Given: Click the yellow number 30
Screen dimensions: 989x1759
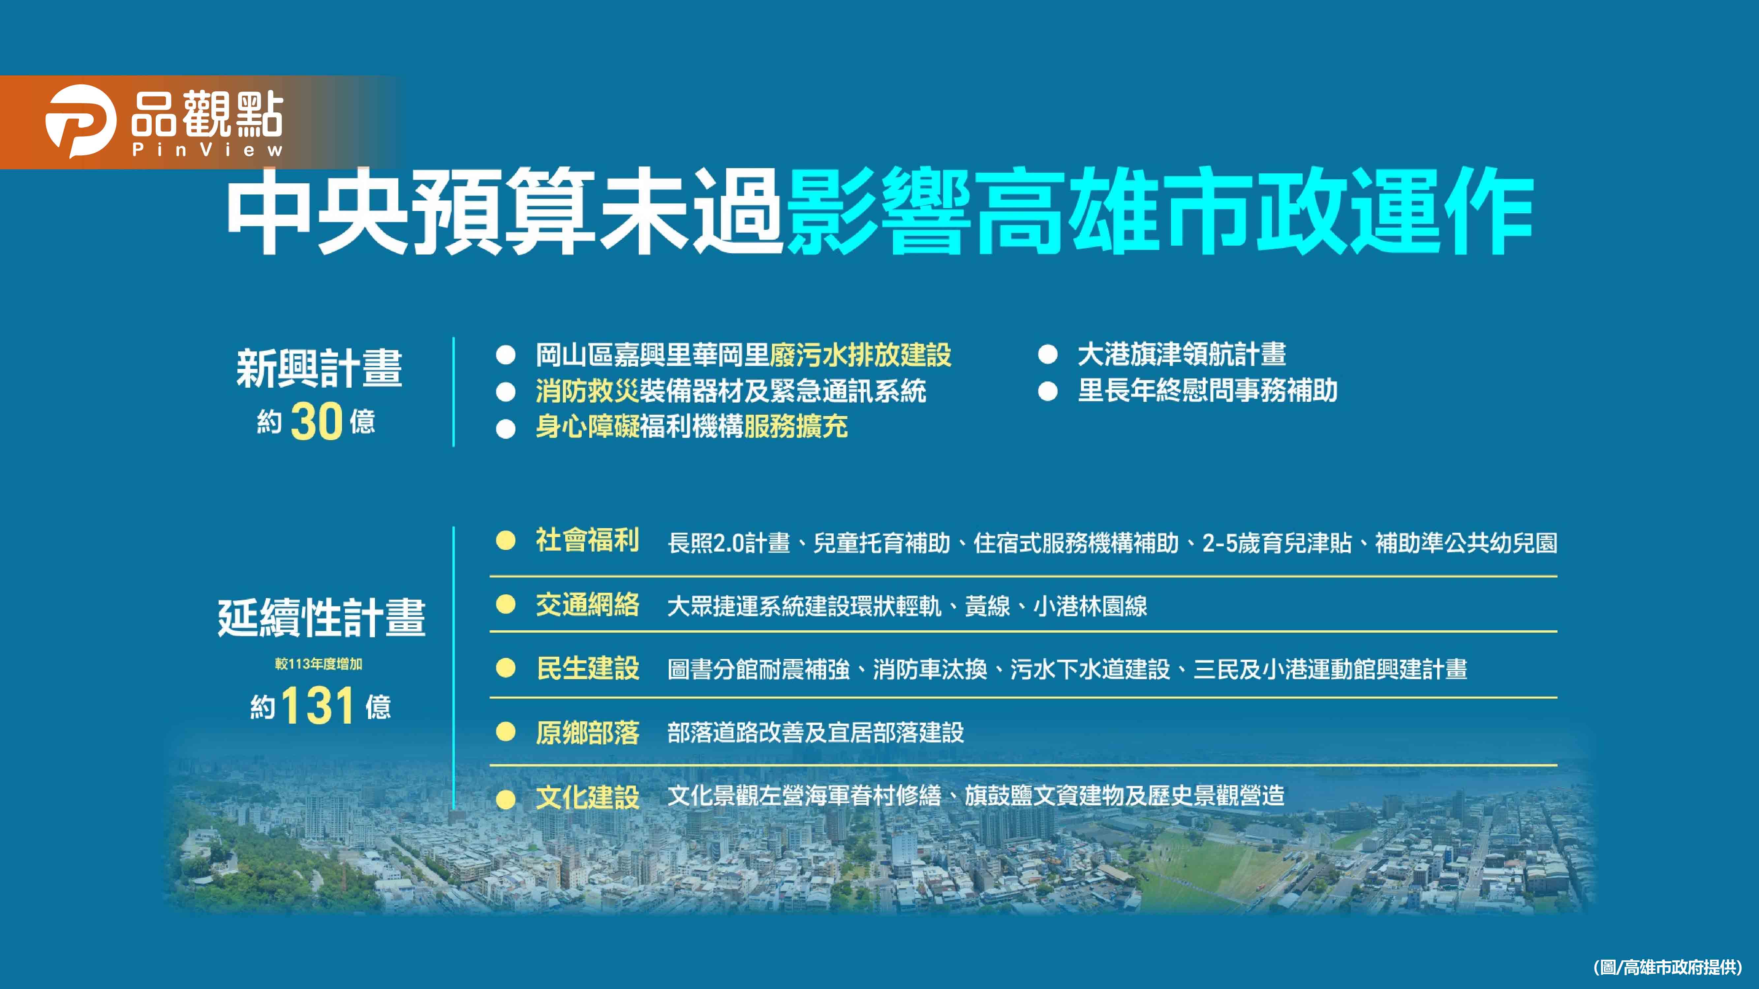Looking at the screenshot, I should click(316, 421).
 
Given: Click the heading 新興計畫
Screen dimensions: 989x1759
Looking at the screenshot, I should click(319, 369).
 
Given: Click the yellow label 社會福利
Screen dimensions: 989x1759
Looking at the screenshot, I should click(587, 541).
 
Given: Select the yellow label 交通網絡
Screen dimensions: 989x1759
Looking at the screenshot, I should click(587, 605).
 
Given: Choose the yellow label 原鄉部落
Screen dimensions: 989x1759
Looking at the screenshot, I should click(587, 733).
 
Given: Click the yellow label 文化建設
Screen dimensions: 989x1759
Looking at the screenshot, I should click(587, 796).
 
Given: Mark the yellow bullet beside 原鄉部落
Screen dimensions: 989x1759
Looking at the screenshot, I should click(505, 733).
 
